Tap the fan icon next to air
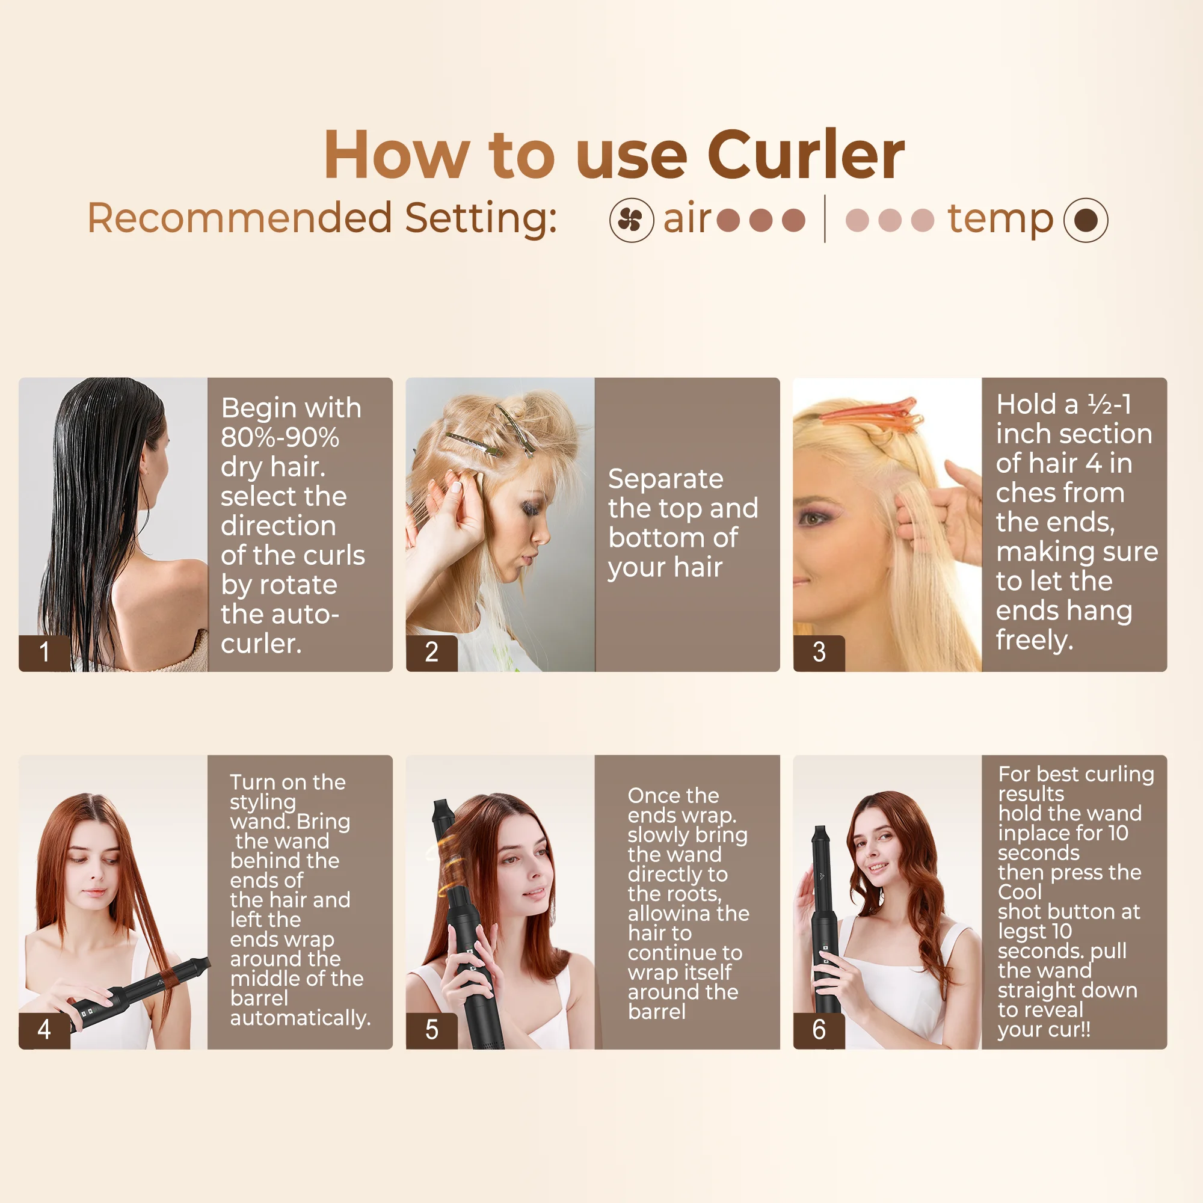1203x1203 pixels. click(x=632, y=220)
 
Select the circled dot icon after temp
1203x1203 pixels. click(x=1085, y=220)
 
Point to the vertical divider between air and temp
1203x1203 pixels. click(x=825, y=218)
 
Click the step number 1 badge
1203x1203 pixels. click(x=44, y=652)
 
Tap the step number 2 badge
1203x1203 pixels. click(x=431, y=652)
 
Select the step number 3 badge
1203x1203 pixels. click(x=819, y=652)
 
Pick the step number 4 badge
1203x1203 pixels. click(x=44, y=1030)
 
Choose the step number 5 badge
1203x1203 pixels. click(x=431, y=1030)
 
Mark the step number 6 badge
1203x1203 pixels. click(x=819, y=1030)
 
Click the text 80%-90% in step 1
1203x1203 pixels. click(x=280, y=438)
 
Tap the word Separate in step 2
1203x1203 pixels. click(x=666, y=479)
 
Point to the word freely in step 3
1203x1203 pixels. click(x=1033, y=640)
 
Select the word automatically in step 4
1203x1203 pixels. click(x=300, y=1018)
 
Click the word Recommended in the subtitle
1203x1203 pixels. click(x=240, y=218)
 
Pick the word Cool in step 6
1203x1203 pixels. click(x=1020, y=892)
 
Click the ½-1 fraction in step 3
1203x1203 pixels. click(x=1109, y=405)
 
